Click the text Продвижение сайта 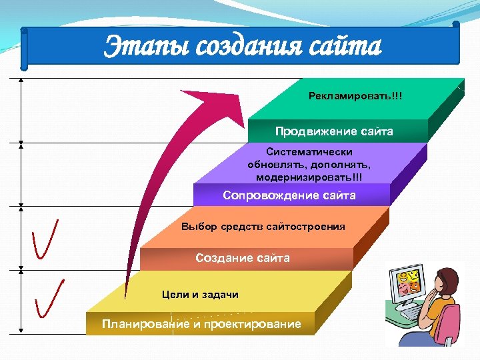(x=334, y=131)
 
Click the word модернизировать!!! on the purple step (x=309, y=177)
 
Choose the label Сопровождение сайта (x=289, y=195)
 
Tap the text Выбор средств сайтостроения (x=263, y=227)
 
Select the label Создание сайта (x=243, y=258)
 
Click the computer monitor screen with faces (x=407, y=285)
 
